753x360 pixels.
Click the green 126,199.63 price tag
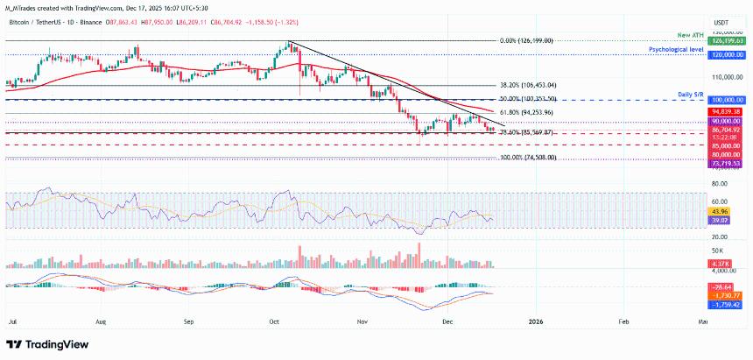coord(725,40)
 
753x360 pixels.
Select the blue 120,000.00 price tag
coord(725,54)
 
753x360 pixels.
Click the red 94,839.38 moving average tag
coord(726,112)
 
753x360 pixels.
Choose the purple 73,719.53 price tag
coord(726,164)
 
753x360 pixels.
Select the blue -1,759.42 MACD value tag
coord(725,305)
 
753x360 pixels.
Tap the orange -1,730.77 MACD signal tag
coord(725,296)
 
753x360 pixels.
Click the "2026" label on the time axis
coord(535,321)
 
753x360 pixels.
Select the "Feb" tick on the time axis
coord(623,321)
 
